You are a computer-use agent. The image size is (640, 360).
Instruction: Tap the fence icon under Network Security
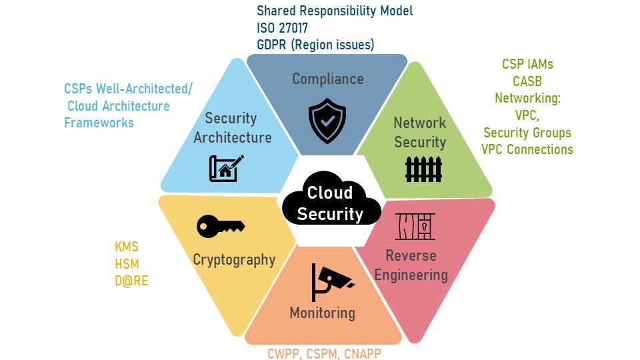click(423, 169)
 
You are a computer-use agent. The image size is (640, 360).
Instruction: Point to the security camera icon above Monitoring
click(331, 281)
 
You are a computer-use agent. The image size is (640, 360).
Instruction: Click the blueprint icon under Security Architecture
click(227, 168)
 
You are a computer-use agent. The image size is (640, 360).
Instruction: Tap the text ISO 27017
click(283, 28)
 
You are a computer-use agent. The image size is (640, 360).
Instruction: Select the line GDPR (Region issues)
click(315, 45)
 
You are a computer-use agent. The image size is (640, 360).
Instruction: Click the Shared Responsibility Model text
click(335, 11)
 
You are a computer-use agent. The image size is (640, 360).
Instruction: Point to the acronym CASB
click(527, 81)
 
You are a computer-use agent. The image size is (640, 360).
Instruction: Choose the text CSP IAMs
click(527, 65)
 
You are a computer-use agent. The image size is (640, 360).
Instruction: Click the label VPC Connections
click(527, 149)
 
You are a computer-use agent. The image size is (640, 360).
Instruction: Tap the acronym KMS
click(127, 247)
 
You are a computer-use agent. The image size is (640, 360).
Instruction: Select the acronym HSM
click(127, 263)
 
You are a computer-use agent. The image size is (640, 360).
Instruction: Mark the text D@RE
click(131, 281)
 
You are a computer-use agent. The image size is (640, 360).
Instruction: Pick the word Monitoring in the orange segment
click(322, 313)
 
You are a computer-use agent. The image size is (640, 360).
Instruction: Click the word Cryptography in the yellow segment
click(234, 259)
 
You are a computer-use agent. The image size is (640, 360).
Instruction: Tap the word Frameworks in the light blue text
click(99, 123)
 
